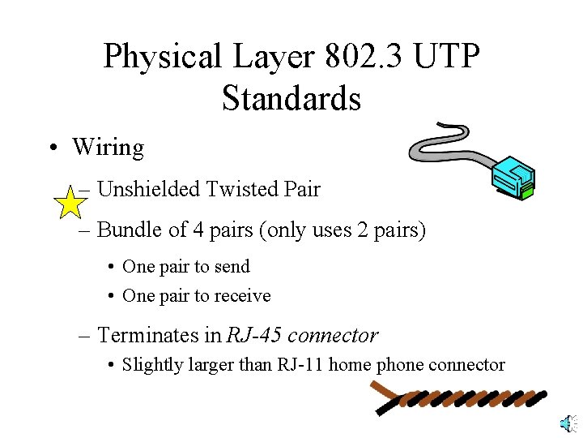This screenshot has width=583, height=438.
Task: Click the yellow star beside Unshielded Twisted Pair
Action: (x=71, y=202)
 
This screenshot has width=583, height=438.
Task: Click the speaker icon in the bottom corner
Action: (x=568, y=423)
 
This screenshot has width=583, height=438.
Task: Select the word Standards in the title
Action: (x=291, y=98)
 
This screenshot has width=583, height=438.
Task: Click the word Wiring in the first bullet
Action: (x=108, y=148)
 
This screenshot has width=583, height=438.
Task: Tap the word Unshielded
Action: (x=148, y=190)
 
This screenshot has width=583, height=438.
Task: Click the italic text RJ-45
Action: (x=253, y=334)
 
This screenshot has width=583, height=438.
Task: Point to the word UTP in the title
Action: (x=447, y=56)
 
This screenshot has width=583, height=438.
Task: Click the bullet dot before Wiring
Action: (x=52, y=148)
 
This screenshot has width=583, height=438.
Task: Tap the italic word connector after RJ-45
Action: (x=333, y=334)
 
